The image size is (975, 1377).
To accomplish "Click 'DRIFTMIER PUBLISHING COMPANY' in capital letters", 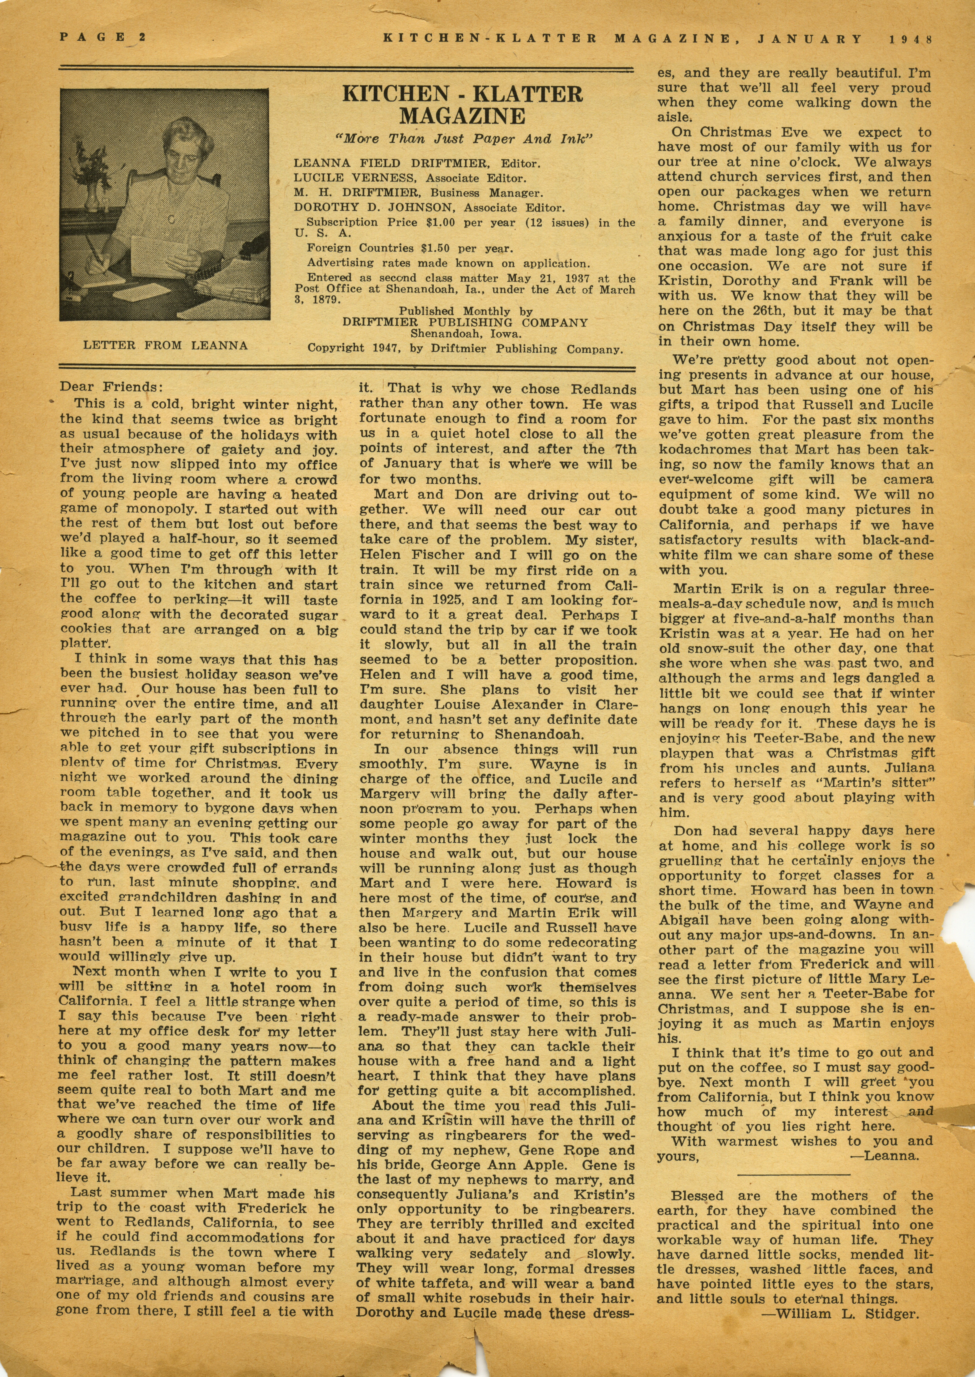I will [465, 322].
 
